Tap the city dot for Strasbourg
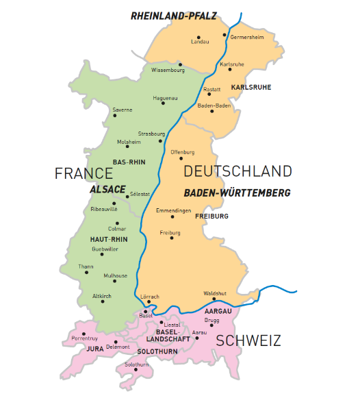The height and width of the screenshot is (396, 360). [161, 141]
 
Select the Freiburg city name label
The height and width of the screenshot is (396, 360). [170, 233]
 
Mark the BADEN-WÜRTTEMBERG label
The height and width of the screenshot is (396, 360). [237, 193]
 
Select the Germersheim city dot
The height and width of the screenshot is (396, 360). [224, 34]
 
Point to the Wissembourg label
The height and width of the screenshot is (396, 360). [168, 71]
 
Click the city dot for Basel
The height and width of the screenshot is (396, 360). [145, 311]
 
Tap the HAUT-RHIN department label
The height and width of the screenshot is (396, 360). [109, 238]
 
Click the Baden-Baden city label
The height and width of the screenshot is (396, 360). [213, 106]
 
